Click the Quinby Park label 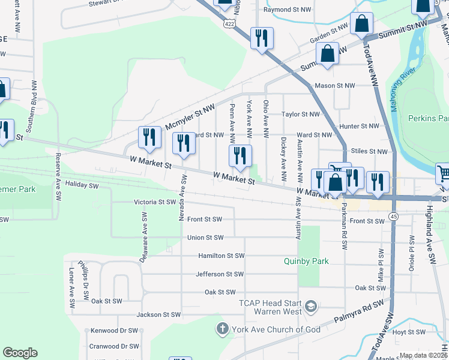pos(306,261)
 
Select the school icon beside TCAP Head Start pos(310,307)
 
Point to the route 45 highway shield pos(393,216)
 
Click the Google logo pos(20,353)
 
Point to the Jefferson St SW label pos(220,274)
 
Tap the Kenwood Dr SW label pos(114,331)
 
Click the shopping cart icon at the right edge pos(443,172)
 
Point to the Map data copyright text pos(423,355)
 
